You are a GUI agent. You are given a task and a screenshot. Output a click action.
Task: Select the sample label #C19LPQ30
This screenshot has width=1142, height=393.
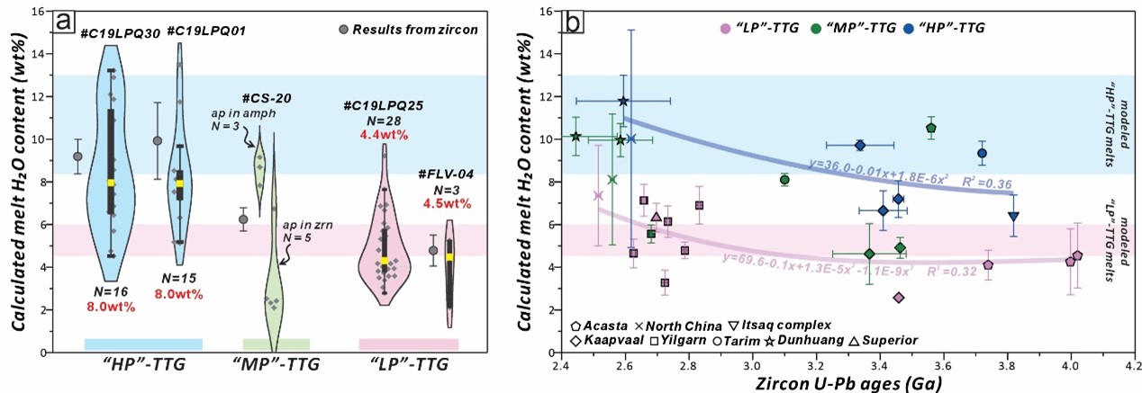pos(121,32)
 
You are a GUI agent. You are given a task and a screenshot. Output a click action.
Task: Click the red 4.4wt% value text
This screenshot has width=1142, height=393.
pos(385,136)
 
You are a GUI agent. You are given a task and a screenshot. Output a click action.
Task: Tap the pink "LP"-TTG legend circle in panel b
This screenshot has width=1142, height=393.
pos(723,28)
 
